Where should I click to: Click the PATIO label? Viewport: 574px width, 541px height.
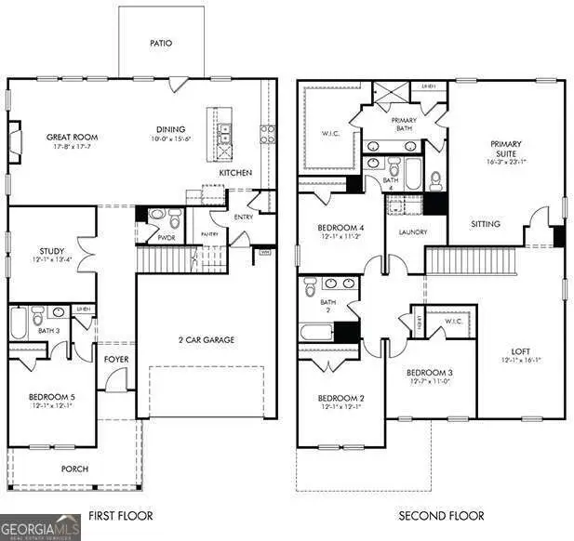[x=161, y=44]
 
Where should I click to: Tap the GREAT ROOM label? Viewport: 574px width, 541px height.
[x=73, y=138]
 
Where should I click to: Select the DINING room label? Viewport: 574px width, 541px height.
[x=170, y=129]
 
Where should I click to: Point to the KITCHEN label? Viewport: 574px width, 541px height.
[x=234, y=173]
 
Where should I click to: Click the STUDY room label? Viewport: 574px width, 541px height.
[x=51, y=251]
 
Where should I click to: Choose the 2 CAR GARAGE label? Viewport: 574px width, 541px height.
[x=207, y=339]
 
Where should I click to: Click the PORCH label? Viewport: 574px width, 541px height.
[x=74, y=469]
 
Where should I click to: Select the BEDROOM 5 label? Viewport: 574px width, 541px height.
[x=50, y=397]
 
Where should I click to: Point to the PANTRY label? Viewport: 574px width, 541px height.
[x=209, y=234]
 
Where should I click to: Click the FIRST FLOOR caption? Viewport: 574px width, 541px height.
[x=121, y=515]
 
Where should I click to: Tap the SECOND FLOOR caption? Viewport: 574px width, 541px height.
[x=441, y=515]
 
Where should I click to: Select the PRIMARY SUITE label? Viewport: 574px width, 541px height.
[x=506, y=150]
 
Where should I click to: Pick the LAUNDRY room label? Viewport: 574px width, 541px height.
[x=412, y=232]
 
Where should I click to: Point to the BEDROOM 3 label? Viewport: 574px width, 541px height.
[x=431, y=374]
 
